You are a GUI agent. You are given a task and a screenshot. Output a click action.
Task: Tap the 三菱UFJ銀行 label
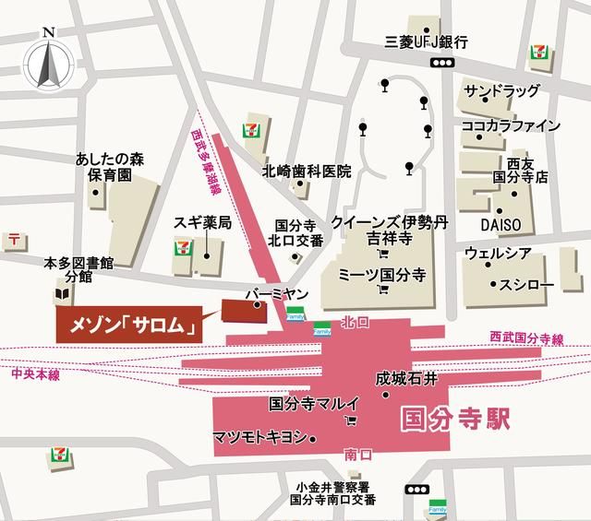pos(428,41)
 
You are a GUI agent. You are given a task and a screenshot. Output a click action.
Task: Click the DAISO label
pos(500,224)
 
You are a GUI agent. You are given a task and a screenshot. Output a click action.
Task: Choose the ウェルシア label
pos(500,253)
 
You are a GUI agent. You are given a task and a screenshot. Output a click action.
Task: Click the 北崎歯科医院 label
pos(307,171)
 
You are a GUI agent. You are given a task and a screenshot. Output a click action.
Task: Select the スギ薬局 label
pos(201,223)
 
